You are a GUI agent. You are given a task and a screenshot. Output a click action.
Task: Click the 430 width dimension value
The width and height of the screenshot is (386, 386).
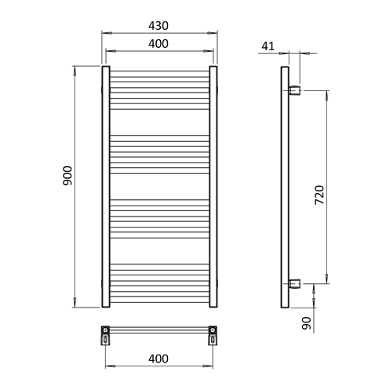[x=158, y=25]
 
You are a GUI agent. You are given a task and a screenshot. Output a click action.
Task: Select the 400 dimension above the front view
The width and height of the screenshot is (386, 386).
[x=158, y=45]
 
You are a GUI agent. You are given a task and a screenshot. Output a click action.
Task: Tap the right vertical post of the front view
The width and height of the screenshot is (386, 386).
[x=213, y=188]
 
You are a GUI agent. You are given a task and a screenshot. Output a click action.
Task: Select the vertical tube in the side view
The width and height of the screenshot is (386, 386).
[x=284, y=188]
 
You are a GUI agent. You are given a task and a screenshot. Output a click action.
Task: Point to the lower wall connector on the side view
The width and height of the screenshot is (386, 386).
[x=294, y=283]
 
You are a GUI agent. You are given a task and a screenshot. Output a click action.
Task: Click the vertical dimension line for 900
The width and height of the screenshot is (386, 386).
[x=75, y=235]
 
